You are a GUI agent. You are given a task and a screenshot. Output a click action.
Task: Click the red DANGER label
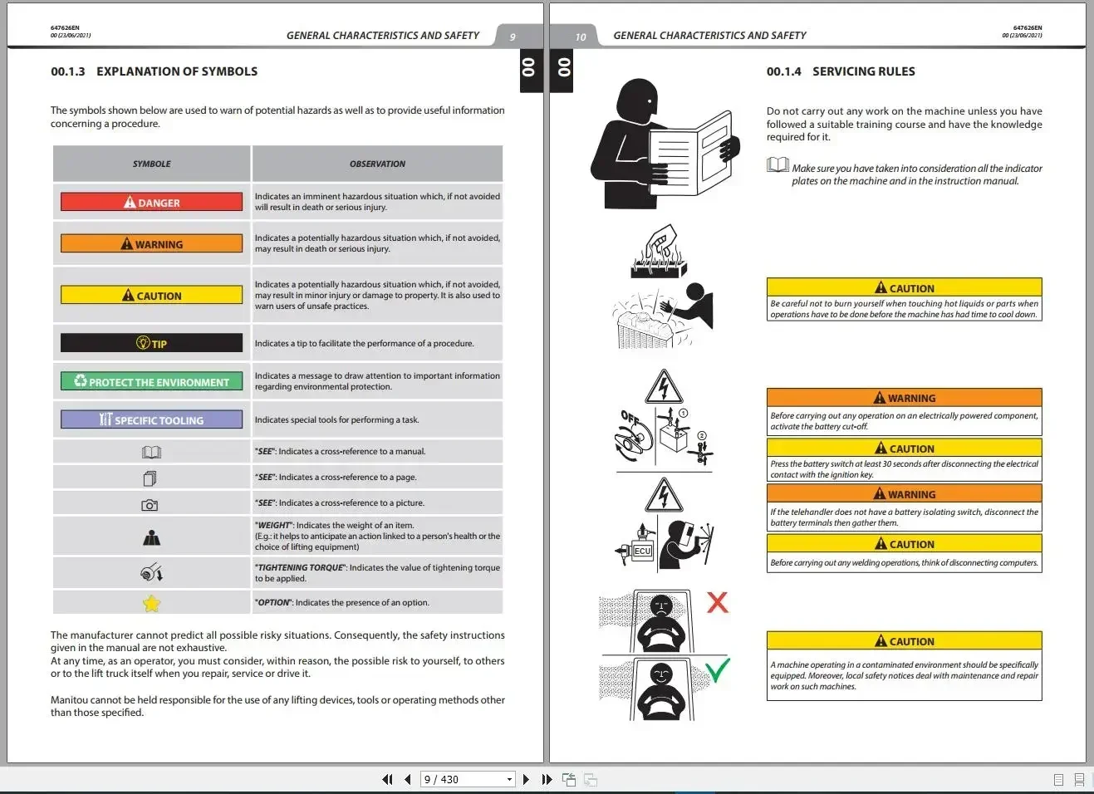click(x=151, y=202)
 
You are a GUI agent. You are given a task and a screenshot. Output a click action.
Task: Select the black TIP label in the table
click(x=151, y=343)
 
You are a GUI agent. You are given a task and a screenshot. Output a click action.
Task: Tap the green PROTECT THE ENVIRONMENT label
click(x=151, y=381)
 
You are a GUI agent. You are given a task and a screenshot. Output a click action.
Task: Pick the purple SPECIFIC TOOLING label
click(x=151, y=419)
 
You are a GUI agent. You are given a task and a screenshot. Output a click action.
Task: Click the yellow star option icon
click(x=151, y=604)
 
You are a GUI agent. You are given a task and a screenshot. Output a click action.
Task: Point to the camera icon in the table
click(x=150, y=505)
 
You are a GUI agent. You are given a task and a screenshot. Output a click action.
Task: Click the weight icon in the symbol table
click(x=151, y=537)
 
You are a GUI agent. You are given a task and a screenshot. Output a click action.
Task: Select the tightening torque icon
click(x=151, y=571)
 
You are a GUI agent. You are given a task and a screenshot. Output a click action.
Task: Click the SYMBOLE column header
click(x=151, y=164)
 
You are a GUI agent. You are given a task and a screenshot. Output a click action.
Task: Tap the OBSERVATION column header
click(x=377, y=164)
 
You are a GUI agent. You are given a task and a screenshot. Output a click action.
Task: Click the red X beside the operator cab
click(x=717, y=603)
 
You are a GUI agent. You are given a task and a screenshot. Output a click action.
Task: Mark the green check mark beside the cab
click(x=718, y=670)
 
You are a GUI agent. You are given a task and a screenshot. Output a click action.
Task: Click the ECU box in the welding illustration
click(x=642, y=551)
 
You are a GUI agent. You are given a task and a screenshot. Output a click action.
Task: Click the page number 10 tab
click(x=580, y=37)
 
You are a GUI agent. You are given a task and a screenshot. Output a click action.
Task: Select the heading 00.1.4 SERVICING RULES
click(x=841, y=71)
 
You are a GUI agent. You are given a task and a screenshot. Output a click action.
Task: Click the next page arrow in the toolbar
click(x=526, y=779)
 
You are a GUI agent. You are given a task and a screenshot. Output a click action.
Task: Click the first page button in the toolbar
click(x=387, y=779)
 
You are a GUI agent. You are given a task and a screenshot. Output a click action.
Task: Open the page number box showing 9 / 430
click(x=468, y=779)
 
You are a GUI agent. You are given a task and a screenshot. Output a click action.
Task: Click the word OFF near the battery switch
click(x=630, y=418)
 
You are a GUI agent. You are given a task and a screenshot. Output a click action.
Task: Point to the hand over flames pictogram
click(x=659, y=251)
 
